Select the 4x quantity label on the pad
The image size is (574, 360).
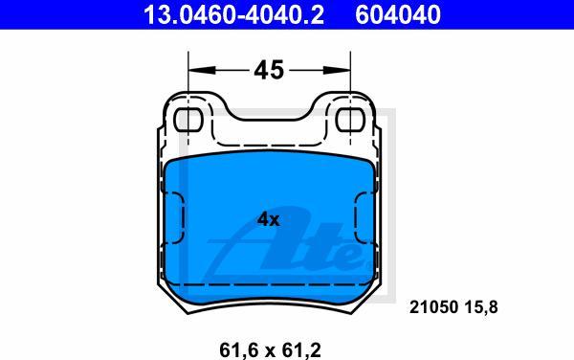(x=269, y=219)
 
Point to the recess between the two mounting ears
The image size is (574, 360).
(x=269, y=129)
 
